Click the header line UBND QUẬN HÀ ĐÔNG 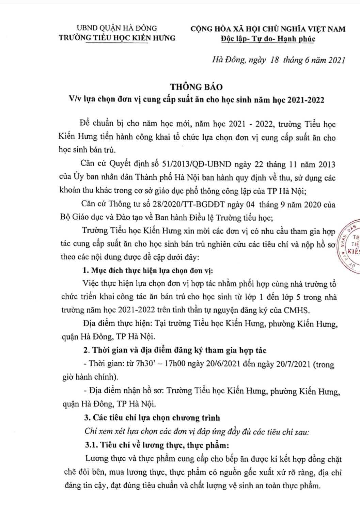[117, 28]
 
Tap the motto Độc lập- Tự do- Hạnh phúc [267, 39]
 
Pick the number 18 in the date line [275, 60]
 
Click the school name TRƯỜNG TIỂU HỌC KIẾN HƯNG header [117, 38]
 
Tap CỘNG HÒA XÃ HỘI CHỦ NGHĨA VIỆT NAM [268, 29]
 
